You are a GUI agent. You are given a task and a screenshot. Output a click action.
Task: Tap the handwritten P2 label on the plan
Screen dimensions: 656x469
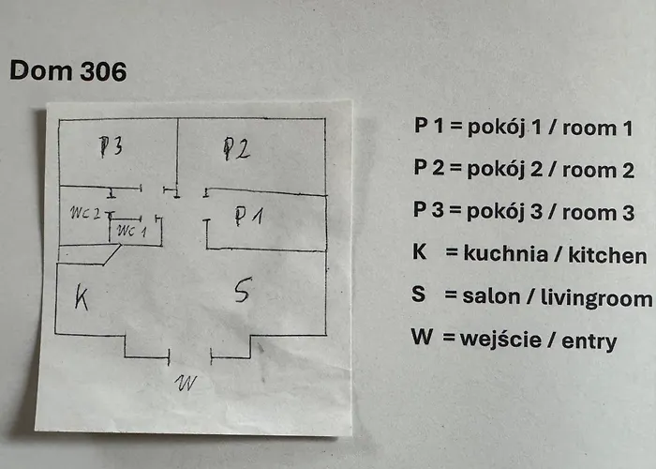(x=235, y=148)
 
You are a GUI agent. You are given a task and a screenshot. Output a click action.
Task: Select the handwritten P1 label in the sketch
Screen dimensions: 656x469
(x=247, y=217)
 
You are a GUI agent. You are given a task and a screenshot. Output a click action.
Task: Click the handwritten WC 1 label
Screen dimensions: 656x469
(x=132, y=231)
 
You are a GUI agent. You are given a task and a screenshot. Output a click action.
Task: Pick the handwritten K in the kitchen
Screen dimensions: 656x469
(x=82, y=300)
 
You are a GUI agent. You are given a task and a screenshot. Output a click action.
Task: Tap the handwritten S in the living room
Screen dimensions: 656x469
(x=242, y=293)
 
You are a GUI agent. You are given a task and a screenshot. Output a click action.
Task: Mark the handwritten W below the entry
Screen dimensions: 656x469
(x=188, y=383)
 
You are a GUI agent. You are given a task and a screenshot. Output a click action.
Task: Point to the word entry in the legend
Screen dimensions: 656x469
(x=589, y=340)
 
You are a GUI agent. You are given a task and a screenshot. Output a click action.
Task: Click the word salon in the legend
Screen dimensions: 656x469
(x=490, y=297)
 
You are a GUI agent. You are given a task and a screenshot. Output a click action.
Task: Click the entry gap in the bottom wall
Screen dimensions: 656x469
(x=190, y=356)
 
